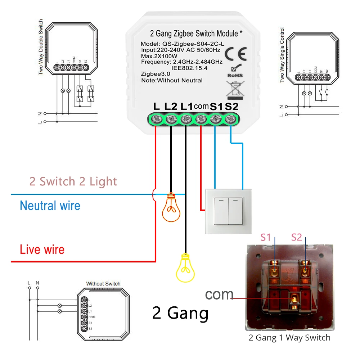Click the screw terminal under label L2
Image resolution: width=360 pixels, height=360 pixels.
(x=171, y=119)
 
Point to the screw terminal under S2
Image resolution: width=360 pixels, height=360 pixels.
(x=230, y=119)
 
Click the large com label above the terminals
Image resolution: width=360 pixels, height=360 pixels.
(x=201, y=107)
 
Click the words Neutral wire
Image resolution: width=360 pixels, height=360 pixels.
(x=50, y=206)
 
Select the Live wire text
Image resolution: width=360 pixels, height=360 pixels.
(x=42, y=249)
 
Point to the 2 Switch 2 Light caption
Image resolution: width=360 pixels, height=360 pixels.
(x=73, y=181)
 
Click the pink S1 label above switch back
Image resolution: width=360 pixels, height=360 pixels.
(x=266, y=237)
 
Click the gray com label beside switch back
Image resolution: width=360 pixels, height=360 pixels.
(x=219, y=294)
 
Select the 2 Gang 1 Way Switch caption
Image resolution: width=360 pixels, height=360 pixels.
(x=289, y=338)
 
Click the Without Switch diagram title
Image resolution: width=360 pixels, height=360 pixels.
(x=103, y=284)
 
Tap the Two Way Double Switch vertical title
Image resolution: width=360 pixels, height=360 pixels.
(x=40, y=47)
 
